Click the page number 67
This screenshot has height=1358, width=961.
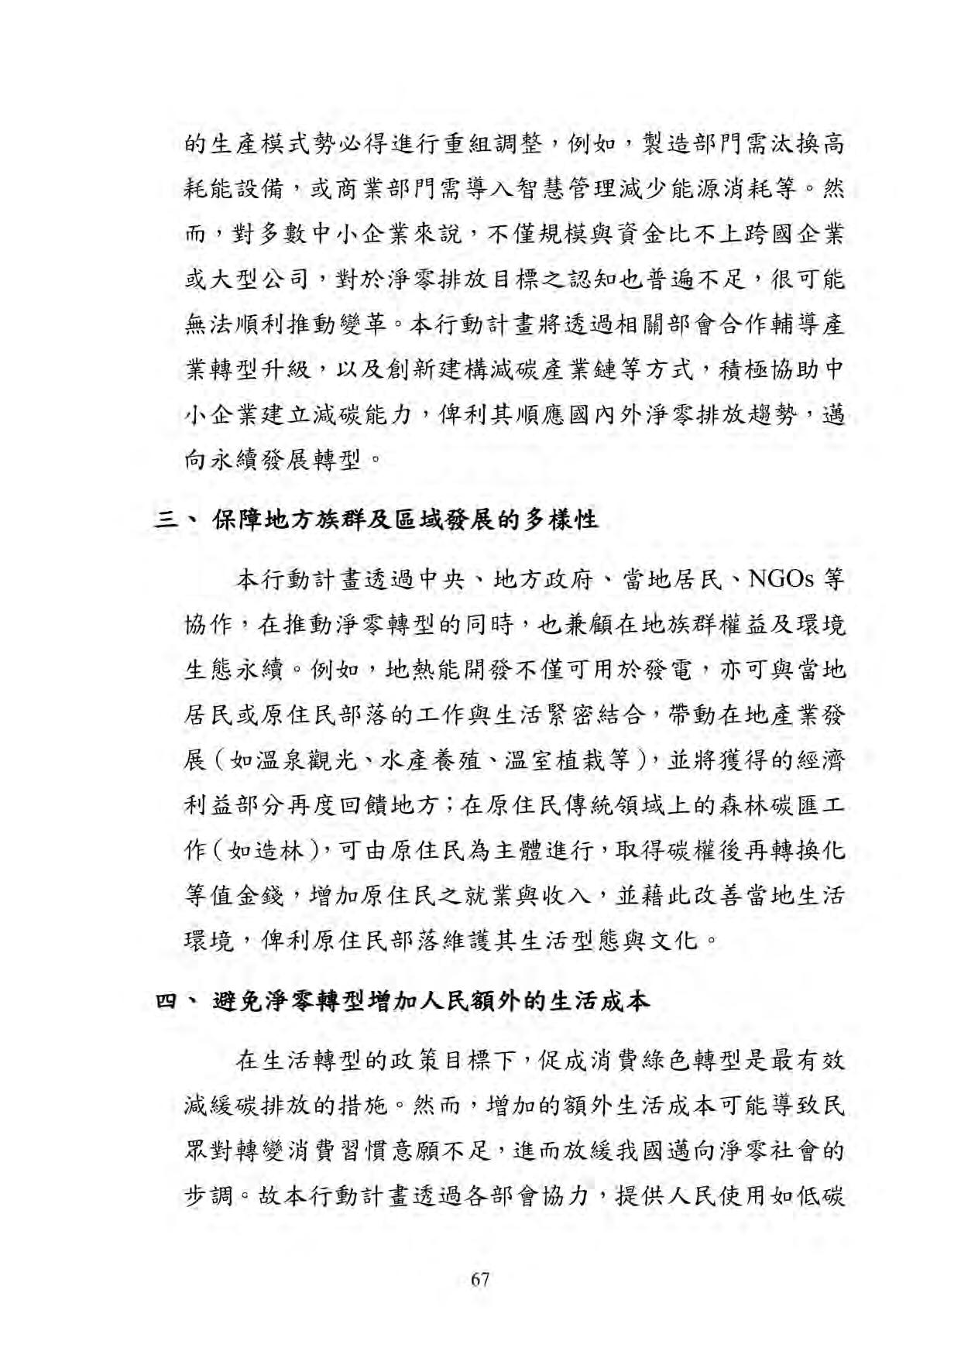pos(480,1279)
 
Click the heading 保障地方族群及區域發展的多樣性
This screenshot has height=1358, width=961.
pos(405,520)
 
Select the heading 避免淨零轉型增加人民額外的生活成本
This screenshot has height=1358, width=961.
pos(431,1001)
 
